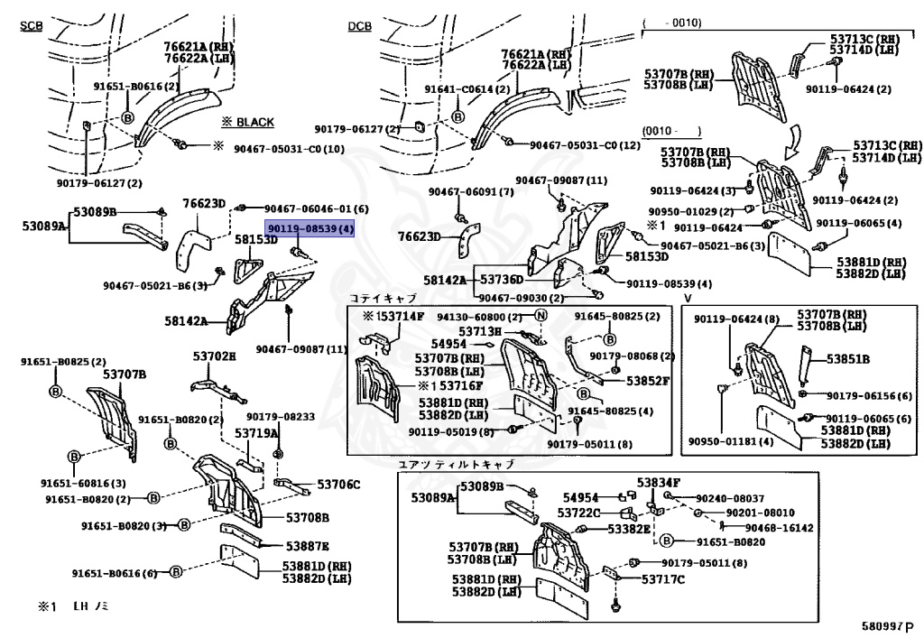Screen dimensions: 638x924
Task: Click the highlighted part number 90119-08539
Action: click(309, 230)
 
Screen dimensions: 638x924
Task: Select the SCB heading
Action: click(32, 25)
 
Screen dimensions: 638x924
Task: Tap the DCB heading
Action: click(359, 25)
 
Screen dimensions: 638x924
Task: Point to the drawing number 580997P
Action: click(886, 624)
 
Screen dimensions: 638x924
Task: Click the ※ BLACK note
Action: click(247, 122)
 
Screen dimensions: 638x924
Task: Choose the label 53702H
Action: click(214, 356)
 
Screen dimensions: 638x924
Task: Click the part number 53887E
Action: click(308, 546)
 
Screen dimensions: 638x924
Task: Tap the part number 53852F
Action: click(649, 380)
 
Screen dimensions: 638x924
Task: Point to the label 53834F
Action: click(659, 483)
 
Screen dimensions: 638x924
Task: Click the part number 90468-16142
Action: click(779, 528)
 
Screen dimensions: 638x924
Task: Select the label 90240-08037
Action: click(730, 498)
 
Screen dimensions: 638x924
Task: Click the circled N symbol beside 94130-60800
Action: click(541, 316)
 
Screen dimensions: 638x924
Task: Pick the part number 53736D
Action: click(502, 281)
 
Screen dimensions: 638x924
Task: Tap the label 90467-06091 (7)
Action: click(471, 192)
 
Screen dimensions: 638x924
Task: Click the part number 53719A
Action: click(257, 433)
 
